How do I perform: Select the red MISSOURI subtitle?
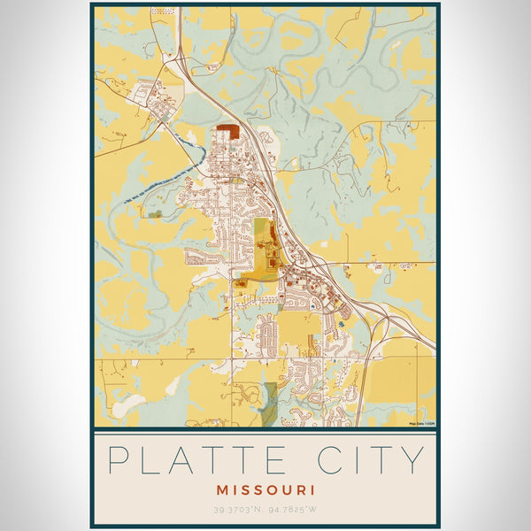265,489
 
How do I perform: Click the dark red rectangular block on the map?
228,131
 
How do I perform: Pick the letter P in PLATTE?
119,460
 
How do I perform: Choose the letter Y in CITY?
412,460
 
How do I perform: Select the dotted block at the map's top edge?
162,11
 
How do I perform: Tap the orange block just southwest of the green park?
242,283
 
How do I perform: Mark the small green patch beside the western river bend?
155,213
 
